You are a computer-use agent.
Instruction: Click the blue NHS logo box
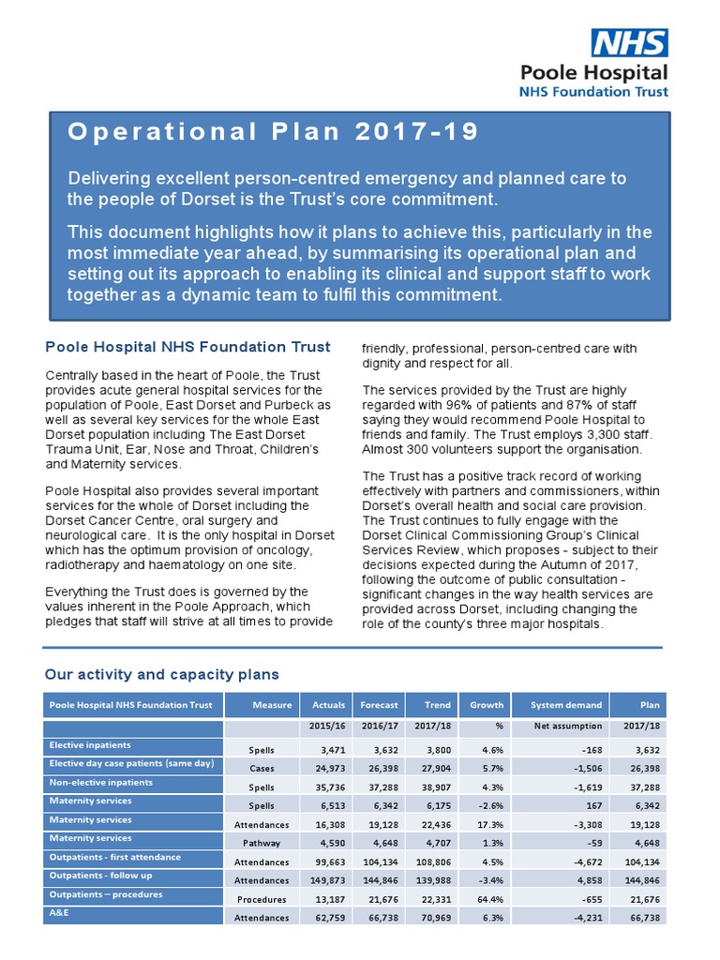[628, 43]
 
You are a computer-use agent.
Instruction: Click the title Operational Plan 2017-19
[273, 132]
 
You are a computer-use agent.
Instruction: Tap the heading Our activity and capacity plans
[161, 674]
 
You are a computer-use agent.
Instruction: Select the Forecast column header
[379, 705]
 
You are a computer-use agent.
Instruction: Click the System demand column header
[560, 705]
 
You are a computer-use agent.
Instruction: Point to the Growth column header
[487, 705]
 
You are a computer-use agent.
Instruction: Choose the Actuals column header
[328, 705]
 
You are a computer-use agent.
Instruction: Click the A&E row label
[61, 912]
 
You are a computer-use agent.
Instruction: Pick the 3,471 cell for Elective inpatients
[330, 750]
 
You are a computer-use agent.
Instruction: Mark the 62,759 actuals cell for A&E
[326, 918]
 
